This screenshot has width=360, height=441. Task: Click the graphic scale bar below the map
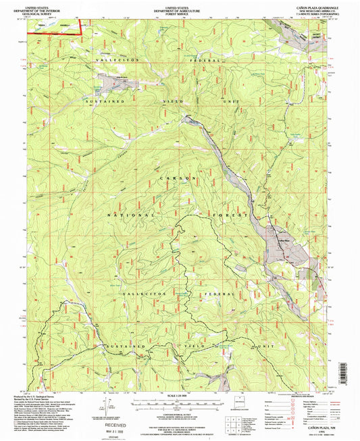pyautogui.click(x=180, y=403)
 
